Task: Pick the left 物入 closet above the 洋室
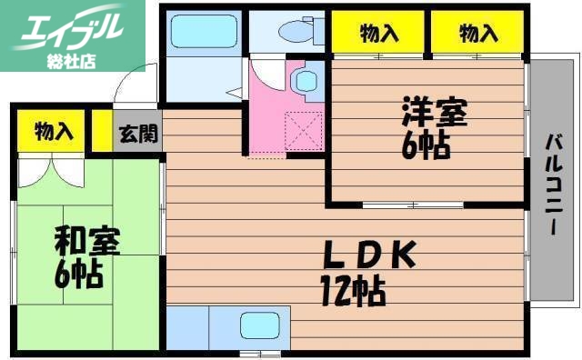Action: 379,34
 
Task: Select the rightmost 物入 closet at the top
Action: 478,34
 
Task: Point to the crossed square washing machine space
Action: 303,127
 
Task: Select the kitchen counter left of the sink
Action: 187,326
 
